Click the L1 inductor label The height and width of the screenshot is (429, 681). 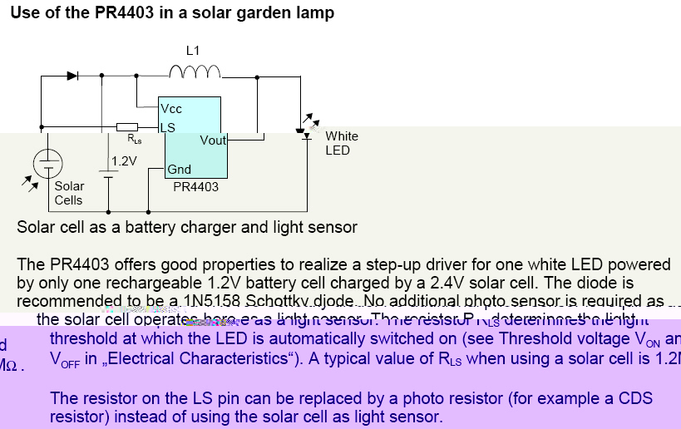coord(193,51)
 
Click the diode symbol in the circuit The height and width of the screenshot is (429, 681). coord(72,76)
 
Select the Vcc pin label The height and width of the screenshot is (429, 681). coord(172,109)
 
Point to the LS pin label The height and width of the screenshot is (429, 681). coord(167,127)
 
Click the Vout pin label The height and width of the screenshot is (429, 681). coord(213,141)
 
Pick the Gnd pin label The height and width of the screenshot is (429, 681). coord(179,170)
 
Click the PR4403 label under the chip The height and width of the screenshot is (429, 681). coord(195,187)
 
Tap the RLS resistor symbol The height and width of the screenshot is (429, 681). coord(127,127)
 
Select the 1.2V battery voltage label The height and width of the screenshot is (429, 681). coord(124,160)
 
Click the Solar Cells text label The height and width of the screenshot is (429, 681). coord(69,193)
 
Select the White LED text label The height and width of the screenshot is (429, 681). coord(341,143)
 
